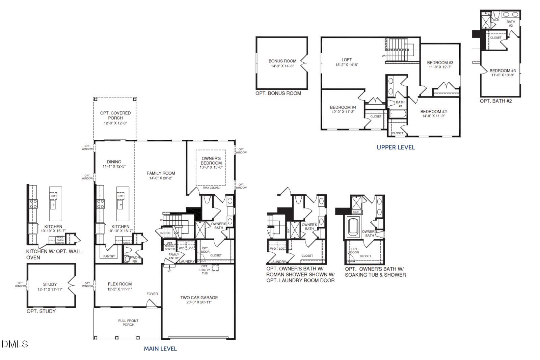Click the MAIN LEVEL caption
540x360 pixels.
[160, 349]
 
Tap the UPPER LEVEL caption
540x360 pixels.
[396, 147]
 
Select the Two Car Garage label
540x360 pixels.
[199, 298]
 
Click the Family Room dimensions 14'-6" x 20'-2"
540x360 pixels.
[161, 178]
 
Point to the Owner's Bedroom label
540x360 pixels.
[211, 161]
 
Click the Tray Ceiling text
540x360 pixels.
[211, 188]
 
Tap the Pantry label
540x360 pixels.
[109, 256]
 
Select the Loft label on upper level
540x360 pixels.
[347, 60]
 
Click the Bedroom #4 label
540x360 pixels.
[343, 107]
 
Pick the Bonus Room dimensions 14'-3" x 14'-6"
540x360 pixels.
[282, 66]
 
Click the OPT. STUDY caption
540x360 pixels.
[41, 311]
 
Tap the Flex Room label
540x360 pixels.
[120, 284]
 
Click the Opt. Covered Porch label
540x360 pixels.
[115, 115]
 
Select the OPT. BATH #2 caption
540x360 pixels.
[496, 101]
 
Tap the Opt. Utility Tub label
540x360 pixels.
[205, 270]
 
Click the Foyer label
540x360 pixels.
[152, 294]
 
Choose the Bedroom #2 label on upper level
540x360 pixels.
[433, 111]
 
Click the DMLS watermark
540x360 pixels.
[15, 344]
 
